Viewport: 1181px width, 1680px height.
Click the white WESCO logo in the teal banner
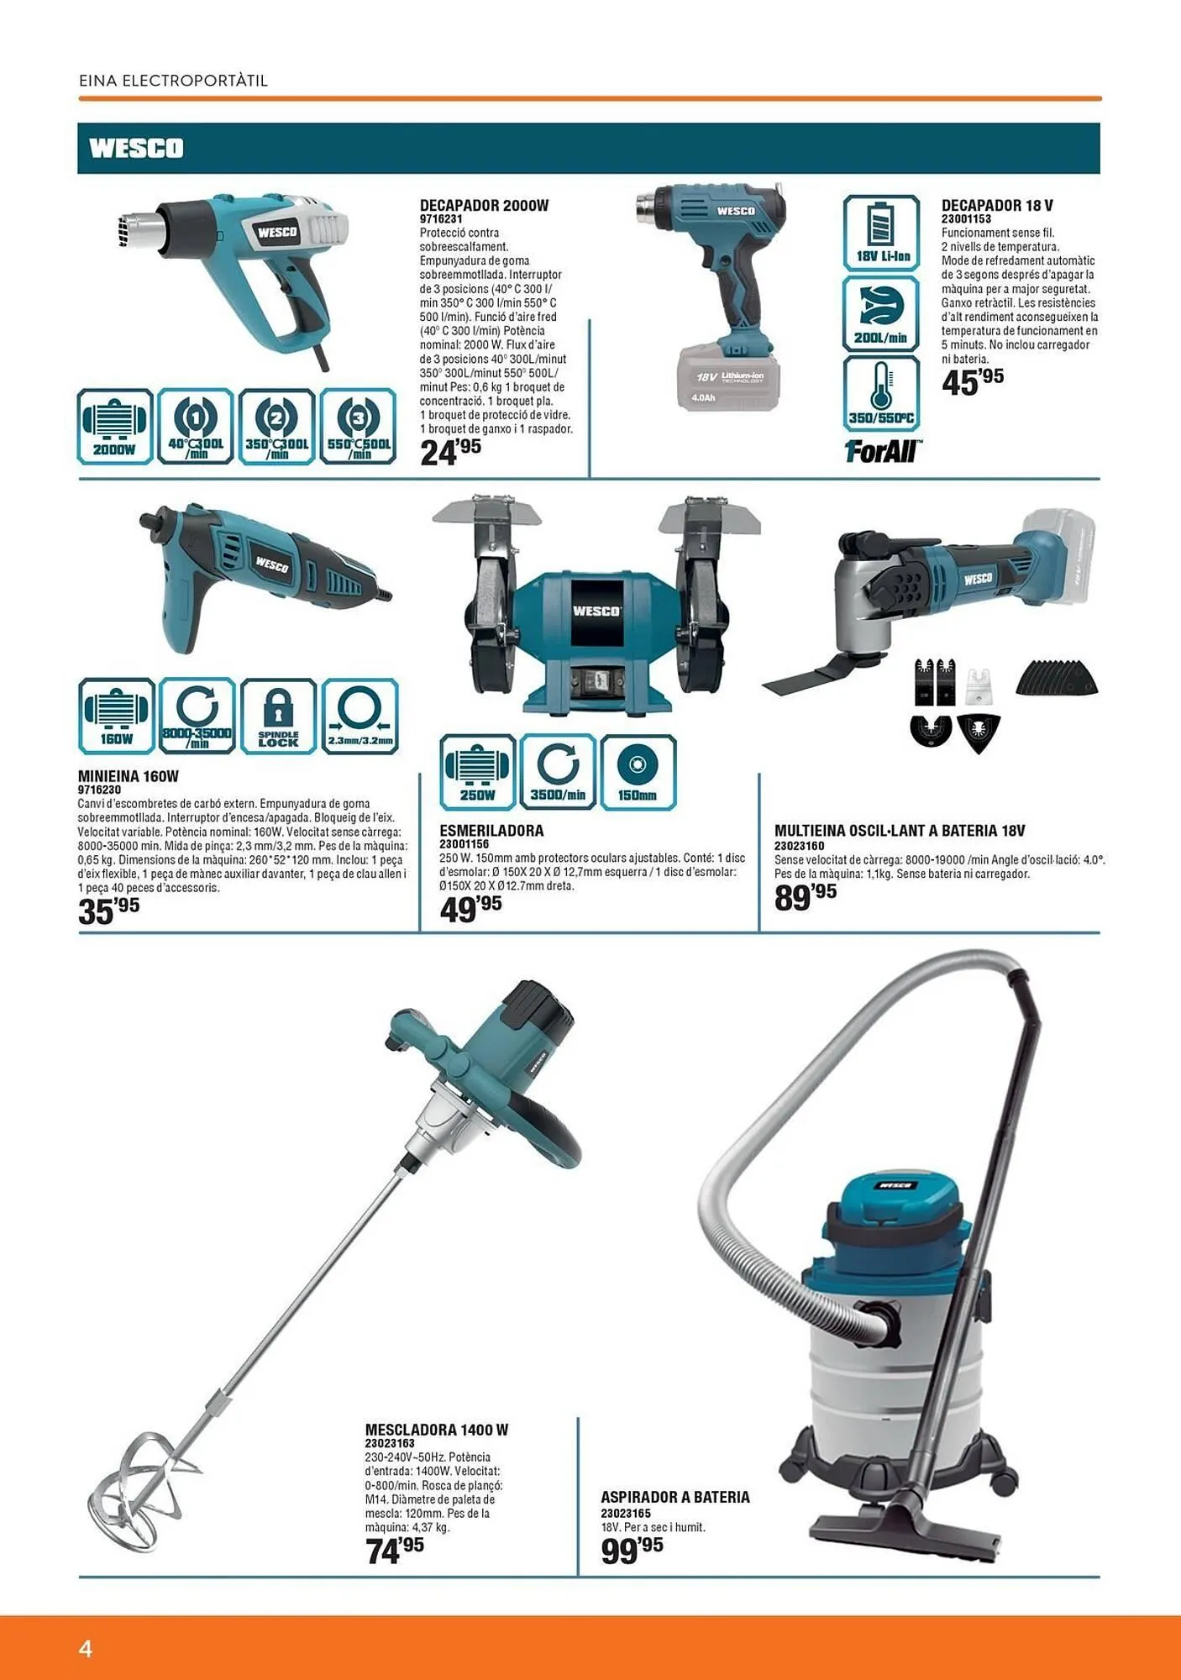136,148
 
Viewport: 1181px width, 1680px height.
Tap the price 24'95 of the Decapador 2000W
450,452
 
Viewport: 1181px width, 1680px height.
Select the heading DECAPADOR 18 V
997,205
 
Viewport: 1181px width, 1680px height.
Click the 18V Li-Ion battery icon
881,233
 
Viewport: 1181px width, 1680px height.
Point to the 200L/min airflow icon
881,313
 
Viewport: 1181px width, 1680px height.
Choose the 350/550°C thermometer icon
881,393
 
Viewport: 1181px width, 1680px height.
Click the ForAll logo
883,451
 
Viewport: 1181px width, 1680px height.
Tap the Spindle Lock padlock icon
278,717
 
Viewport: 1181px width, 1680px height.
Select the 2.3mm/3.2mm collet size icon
360,717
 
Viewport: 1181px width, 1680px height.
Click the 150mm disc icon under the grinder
638,772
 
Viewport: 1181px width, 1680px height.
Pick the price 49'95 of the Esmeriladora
470,909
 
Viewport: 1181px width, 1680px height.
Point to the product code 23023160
799,846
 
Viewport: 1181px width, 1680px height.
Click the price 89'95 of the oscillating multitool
806,897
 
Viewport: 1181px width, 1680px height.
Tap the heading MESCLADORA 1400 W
437,1430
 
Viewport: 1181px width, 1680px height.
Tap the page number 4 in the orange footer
86,1648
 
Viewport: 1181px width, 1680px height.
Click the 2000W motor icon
115,427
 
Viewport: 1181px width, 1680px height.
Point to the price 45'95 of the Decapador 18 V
973,381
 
